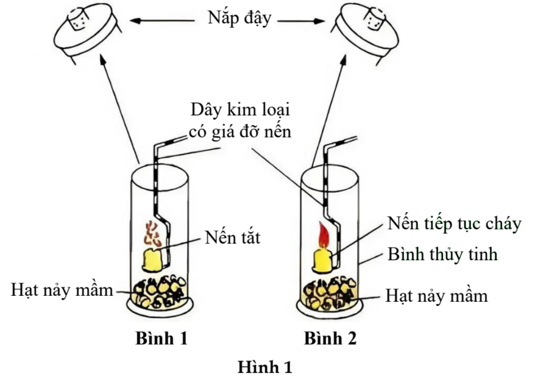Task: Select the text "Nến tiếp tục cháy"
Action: click(455, 224)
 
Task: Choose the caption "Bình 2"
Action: click(330, 338)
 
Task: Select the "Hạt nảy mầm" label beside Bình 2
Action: click(436, 295)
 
